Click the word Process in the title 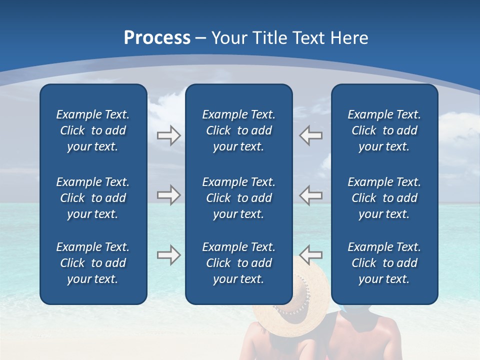pyautogui.click(x=157, y=38)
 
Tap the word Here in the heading pyautogui.click(x=350, y=38)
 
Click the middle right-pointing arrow pyautogui.click(x=168, y=195)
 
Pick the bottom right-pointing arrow pyautogui.click(x=168, y=255)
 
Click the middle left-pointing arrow pyautogui.click(x=311, y=195)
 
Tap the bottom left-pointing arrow pyautogui.click(x=311, y=255)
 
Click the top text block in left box pyautogui.click(x=93, y=130)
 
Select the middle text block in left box pyautogui.click(x=93, y=198)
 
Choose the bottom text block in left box pyautogui.click(x=93, y=263)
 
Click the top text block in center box pyautogui.click(x=238, y=130)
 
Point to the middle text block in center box pyautogui.click(x=238, y=198)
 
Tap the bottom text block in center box pyautogui.click(x=238, y=263)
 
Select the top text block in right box pyautogui.click(x=384, y=130)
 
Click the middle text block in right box pyautogui.click(x=384, y=198)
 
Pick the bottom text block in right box pyautogui.click(x=384, y=263)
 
